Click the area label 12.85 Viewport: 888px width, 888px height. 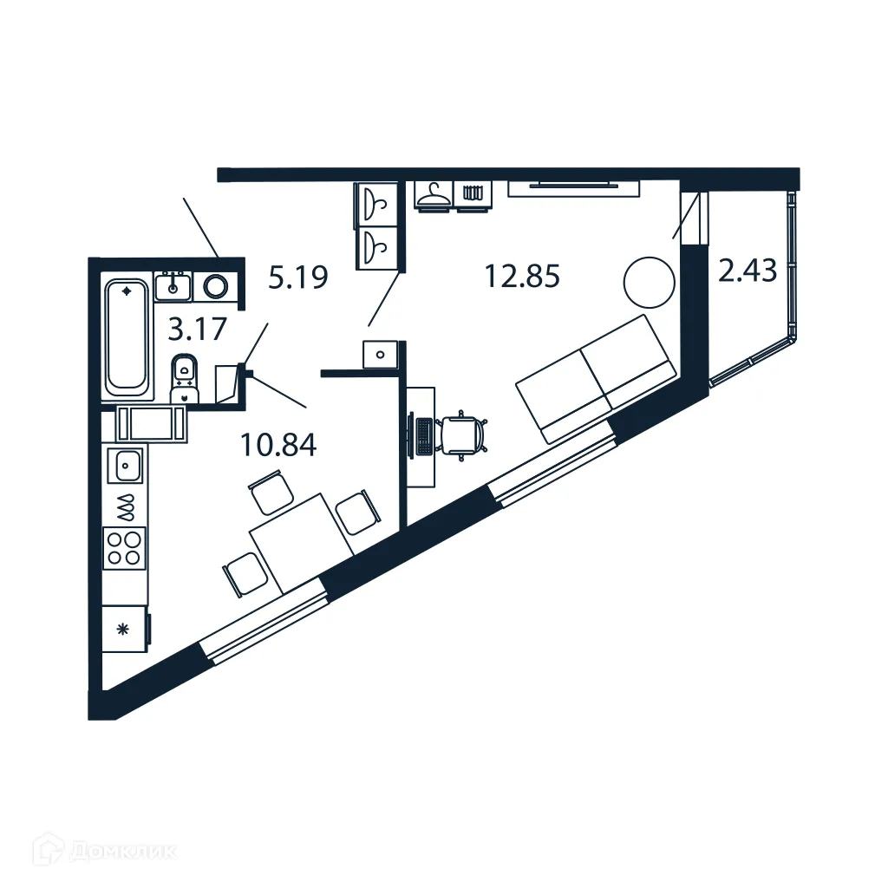523,277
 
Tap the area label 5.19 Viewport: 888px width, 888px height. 297,278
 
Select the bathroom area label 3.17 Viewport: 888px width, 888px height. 198,330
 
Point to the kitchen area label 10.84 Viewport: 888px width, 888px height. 279,446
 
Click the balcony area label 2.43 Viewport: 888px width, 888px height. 747,271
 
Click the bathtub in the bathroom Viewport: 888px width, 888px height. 127,336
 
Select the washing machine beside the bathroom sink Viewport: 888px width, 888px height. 218,285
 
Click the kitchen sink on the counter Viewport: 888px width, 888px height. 126,466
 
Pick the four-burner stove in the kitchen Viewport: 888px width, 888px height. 125,547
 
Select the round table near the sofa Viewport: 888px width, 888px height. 649,282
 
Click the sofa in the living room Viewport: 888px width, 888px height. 596,377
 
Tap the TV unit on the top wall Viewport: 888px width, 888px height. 574,187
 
